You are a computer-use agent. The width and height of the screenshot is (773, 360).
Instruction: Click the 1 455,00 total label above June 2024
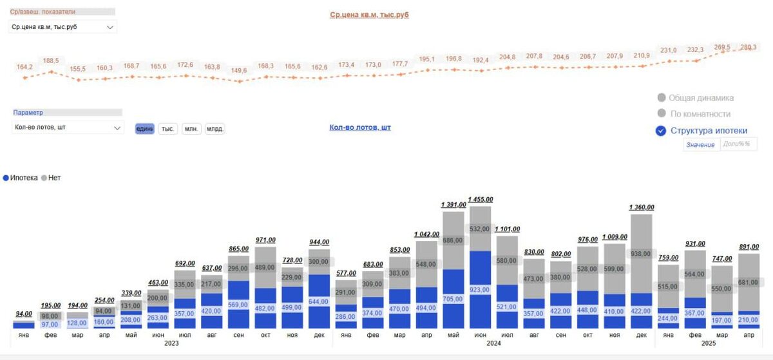pos(480,200)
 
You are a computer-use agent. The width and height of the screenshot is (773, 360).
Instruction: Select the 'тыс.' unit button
pos(168,129)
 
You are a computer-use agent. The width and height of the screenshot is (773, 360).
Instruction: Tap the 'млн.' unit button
pos(191,129)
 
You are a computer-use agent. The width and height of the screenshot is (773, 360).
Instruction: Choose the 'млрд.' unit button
pos(215,129)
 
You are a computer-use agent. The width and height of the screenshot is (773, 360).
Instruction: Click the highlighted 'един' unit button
pos(145,129)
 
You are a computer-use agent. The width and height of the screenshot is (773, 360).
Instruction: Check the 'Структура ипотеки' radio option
pos(661,131)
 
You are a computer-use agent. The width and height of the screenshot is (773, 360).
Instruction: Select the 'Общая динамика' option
pos(661,98)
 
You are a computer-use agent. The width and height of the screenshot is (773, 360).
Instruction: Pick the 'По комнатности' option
pos(661,114)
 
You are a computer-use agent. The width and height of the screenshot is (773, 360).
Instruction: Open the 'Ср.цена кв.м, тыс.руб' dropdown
pos(63,27)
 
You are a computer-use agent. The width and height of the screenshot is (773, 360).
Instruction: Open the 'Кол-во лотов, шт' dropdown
pos(68,128)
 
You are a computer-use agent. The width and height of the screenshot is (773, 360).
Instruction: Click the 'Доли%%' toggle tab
pos(737,144)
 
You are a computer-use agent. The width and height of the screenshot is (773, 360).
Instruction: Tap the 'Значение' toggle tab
pos(700,145)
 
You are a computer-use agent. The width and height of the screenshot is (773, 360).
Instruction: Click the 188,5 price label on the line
pos(51,61)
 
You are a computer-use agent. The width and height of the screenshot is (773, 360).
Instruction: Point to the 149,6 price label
pos(239,71)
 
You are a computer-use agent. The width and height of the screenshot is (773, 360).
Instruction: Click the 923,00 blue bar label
pos(480,290)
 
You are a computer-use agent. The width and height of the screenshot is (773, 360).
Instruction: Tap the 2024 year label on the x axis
pos(493,343)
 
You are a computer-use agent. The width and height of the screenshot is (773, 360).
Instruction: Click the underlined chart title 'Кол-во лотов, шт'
pos(360,128)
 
